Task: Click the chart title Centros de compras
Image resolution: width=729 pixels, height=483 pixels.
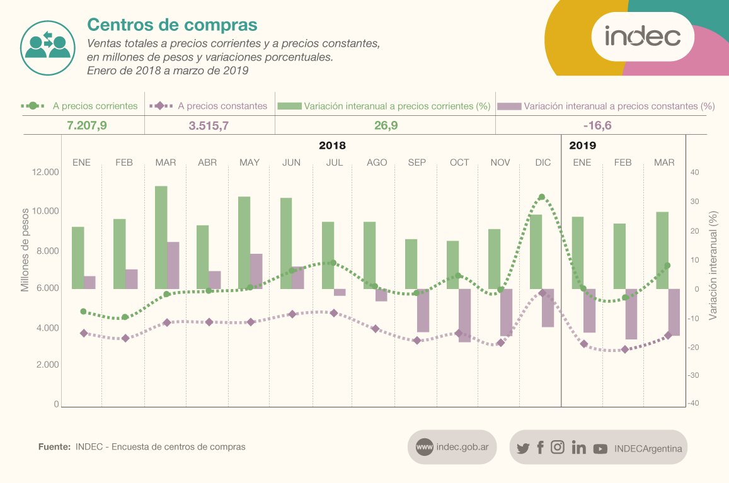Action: [172, 25]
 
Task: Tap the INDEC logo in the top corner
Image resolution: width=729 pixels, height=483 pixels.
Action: [642, 37]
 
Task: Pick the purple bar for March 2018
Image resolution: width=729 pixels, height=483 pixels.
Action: [173, 265]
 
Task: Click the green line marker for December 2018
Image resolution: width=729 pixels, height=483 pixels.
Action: [541, 197]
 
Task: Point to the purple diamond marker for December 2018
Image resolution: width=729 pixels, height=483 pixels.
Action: [542, 293]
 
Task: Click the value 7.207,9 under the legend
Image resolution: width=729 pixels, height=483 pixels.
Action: [87, 125]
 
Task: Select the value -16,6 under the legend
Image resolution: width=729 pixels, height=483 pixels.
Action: [598, 125]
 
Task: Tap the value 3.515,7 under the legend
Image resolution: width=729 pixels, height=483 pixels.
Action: [209, 125]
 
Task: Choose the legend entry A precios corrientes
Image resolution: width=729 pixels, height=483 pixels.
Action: [95, 106]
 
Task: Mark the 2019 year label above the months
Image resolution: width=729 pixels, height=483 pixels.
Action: [582, 145]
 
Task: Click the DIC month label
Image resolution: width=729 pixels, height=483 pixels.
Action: [542, 162]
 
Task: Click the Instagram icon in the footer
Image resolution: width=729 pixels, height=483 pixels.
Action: [558, 448]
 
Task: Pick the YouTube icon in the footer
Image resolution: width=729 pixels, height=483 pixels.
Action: [600, 449]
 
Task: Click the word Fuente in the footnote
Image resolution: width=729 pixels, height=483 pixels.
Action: [54, 447]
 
